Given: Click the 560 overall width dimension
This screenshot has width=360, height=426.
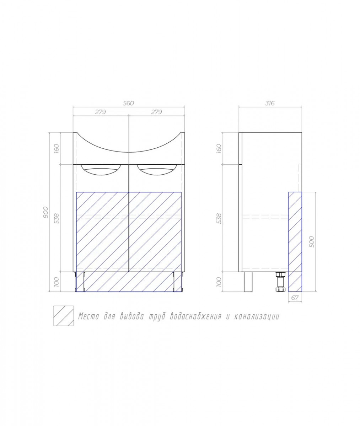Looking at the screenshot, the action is coord(128,103).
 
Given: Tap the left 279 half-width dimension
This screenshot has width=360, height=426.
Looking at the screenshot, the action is coord(100,112).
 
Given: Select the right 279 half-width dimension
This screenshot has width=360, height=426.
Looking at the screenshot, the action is coord(156,112).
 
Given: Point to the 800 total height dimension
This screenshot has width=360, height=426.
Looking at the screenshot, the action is coord(46,212).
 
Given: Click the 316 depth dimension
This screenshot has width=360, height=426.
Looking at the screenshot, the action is coord(270,103).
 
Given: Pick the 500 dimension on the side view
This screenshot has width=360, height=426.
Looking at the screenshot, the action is coord(312,242).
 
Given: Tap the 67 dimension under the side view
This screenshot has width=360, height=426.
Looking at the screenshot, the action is coord(295,298).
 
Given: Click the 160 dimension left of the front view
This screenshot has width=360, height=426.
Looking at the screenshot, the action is coord(57,148).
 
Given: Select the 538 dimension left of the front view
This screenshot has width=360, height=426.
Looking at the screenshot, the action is coord(57,219).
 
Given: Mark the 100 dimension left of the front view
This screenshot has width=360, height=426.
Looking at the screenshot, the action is coord(57,282).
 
